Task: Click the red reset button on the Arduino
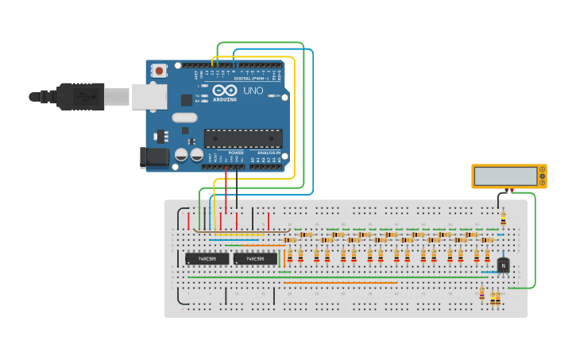pyautogui.click(x=159, y=71)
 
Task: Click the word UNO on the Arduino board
pyautogui.click(x=253, y=91)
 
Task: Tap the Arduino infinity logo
pyautogui.click(x=225, y=91)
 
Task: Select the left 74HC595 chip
pyautogui.click(x=207, y=258)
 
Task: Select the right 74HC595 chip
pyautogui.click(x=255, y=258)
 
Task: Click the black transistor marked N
pyautogui.click(x=503, y=265)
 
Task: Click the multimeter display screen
pyautogui.click(x=505, y=176)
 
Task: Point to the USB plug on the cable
pyautogui.click(x=79, y=96)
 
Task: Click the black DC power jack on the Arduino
pyautogui.click(x=155, y=157)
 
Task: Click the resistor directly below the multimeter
pyautogui.click(x=503, y=219)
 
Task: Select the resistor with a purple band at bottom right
pyautogui.click(x=481, y=294)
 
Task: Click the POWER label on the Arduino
pyautogui.click(x=236, y=152)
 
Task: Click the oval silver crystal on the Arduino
pyautogui.click(x=184, y=118)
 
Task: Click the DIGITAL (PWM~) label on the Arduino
pyautogui.click(x=252, y=79)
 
